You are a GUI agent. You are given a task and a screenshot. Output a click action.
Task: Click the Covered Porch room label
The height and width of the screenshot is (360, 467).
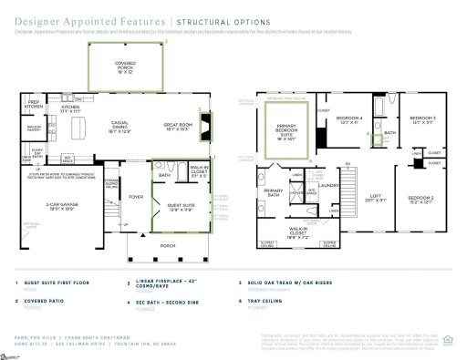click(x=124, y=65)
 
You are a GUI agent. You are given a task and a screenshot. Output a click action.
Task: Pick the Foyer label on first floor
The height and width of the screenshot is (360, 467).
click(x=136, y=195)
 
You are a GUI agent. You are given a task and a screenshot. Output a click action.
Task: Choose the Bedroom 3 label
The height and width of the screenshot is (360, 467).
click(x=422, y=119)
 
